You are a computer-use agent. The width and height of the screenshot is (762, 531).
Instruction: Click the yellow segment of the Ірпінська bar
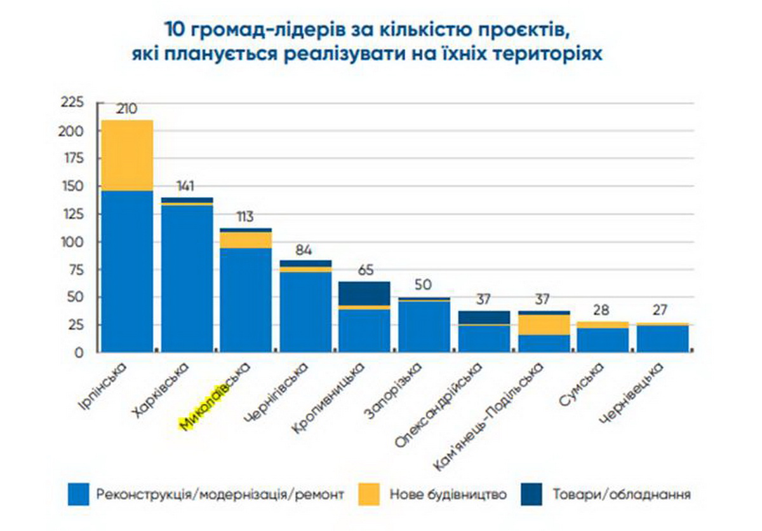coord(127,155)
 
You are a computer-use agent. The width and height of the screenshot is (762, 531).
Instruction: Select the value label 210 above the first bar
coord(126,109)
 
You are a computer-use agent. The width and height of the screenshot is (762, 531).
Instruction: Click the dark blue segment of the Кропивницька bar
coord(364,293)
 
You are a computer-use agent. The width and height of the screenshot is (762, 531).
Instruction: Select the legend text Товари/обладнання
coord(621,494)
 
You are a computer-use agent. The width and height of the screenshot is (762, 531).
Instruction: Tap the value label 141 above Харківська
coord(187,186)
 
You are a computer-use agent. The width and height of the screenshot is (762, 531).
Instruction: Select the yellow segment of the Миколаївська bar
coord(246,240)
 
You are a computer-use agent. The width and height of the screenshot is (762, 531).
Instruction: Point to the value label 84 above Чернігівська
coord(305,249)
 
